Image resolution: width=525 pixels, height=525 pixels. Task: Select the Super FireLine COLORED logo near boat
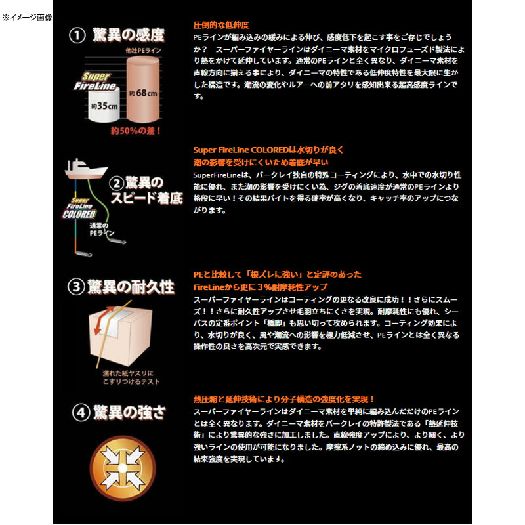click(x=79, y=209)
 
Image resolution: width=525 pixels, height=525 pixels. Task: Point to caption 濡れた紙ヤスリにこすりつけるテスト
click(x=130, y=377)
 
